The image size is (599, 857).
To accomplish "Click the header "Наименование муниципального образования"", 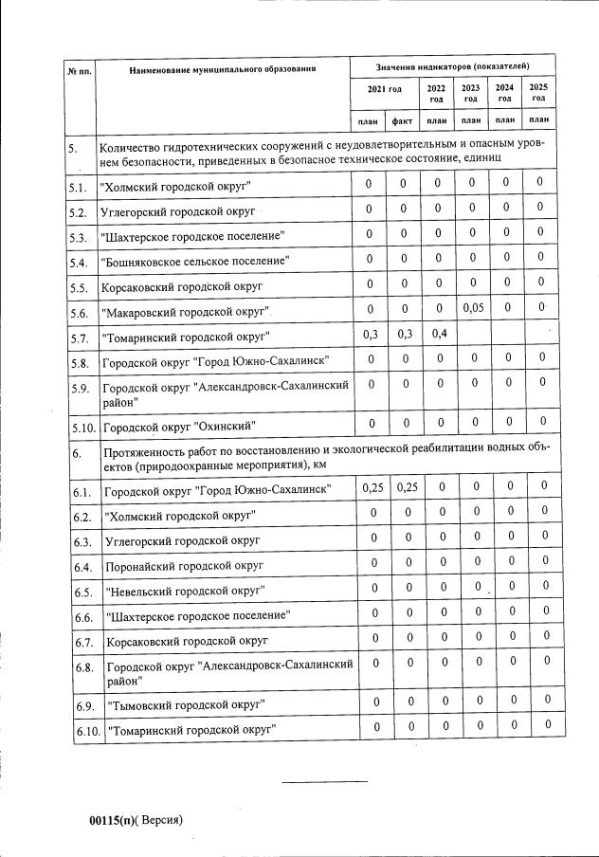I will (222, 69).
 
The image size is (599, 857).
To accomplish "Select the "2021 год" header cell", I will (385, 91).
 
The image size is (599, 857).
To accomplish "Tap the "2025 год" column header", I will (539, 92).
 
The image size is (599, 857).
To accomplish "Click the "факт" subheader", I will (403, 120).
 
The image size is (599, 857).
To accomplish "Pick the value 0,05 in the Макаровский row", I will (472, 308).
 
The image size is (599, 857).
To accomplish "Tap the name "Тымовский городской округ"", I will (185, 705).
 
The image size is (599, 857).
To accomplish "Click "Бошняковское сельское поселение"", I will (195, 260).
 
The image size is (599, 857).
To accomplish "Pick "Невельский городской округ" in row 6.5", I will (185, 591).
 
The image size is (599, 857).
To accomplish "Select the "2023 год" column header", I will (471, 92).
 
